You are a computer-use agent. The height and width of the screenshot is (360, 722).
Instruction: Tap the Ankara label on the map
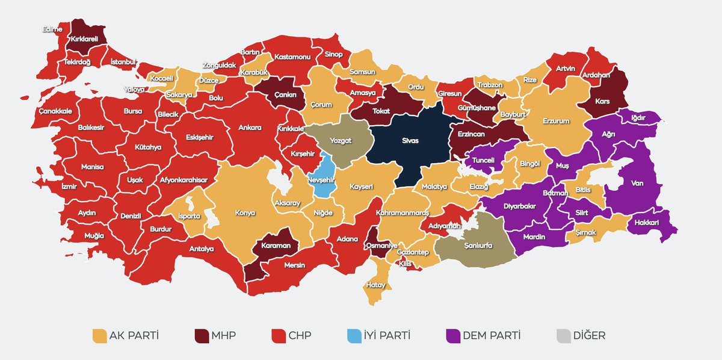(x=250, y=128)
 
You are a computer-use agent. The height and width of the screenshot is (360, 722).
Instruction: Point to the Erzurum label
(x=556, y=121)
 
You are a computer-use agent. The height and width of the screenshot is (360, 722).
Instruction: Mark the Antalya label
(x=202, y=249)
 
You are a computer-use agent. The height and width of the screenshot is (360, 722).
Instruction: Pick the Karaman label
(x=276, y=246)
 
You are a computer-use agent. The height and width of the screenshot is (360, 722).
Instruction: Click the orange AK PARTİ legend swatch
(x=99, y=335)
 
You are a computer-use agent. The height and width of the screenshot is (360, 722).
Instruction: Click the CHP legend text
(x=300, y=335)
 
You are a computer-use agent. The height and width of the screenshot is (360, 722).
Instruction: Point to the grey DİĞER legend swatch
(x=564, y=335)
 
